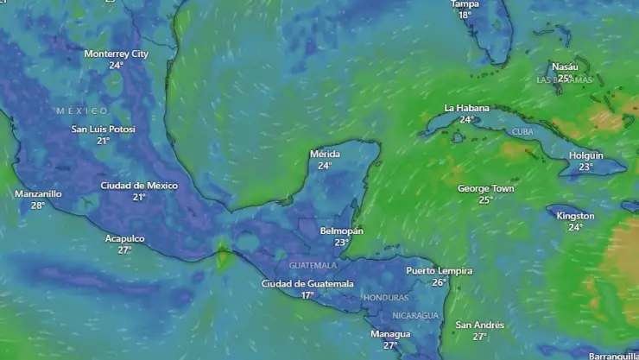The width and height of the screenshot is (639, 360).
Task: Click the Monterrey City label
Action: pos(116,54)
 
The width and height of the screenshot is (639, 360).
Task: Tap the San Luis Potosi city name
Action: pos(103,129)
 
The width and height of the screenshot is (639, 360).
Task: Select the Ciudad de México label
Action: pos(139,186)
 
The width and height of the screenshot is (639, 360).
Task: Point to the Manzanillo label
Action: pos(38,194)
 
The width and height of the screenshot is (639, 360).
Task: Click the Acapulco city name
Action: pos(124,238)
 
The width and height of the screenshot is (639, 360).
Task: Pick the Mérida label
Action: pos(325,155)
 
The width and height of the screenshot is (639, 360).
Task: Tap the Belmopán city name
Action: pos(341,231)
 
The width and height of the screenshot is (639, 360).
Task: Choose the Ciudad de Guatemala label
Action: pos(307,284)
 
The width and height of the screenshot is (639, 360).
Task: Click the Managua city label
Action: pos(390,334)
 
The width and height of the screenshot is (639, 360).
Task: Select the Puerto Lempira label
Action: pos(440,271)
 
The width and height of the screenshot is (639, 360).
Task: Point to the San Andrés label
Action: pos(479,325)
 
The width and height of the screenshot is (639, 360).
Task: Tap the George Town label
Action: pos(485,188)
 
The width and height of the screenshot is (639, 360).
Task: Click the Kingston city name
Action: pos(575,216)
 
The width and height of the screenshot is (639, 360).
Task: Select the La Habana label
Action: pos(466,108)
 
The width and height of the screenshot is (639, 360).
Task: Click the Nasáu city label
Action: pos(565,66)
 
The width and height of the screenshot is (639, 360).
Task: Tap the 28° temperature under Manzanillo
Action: pos(38,205)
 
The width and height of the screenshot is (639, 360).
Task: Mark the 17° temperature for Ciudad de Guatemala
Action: pos(307,295)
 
